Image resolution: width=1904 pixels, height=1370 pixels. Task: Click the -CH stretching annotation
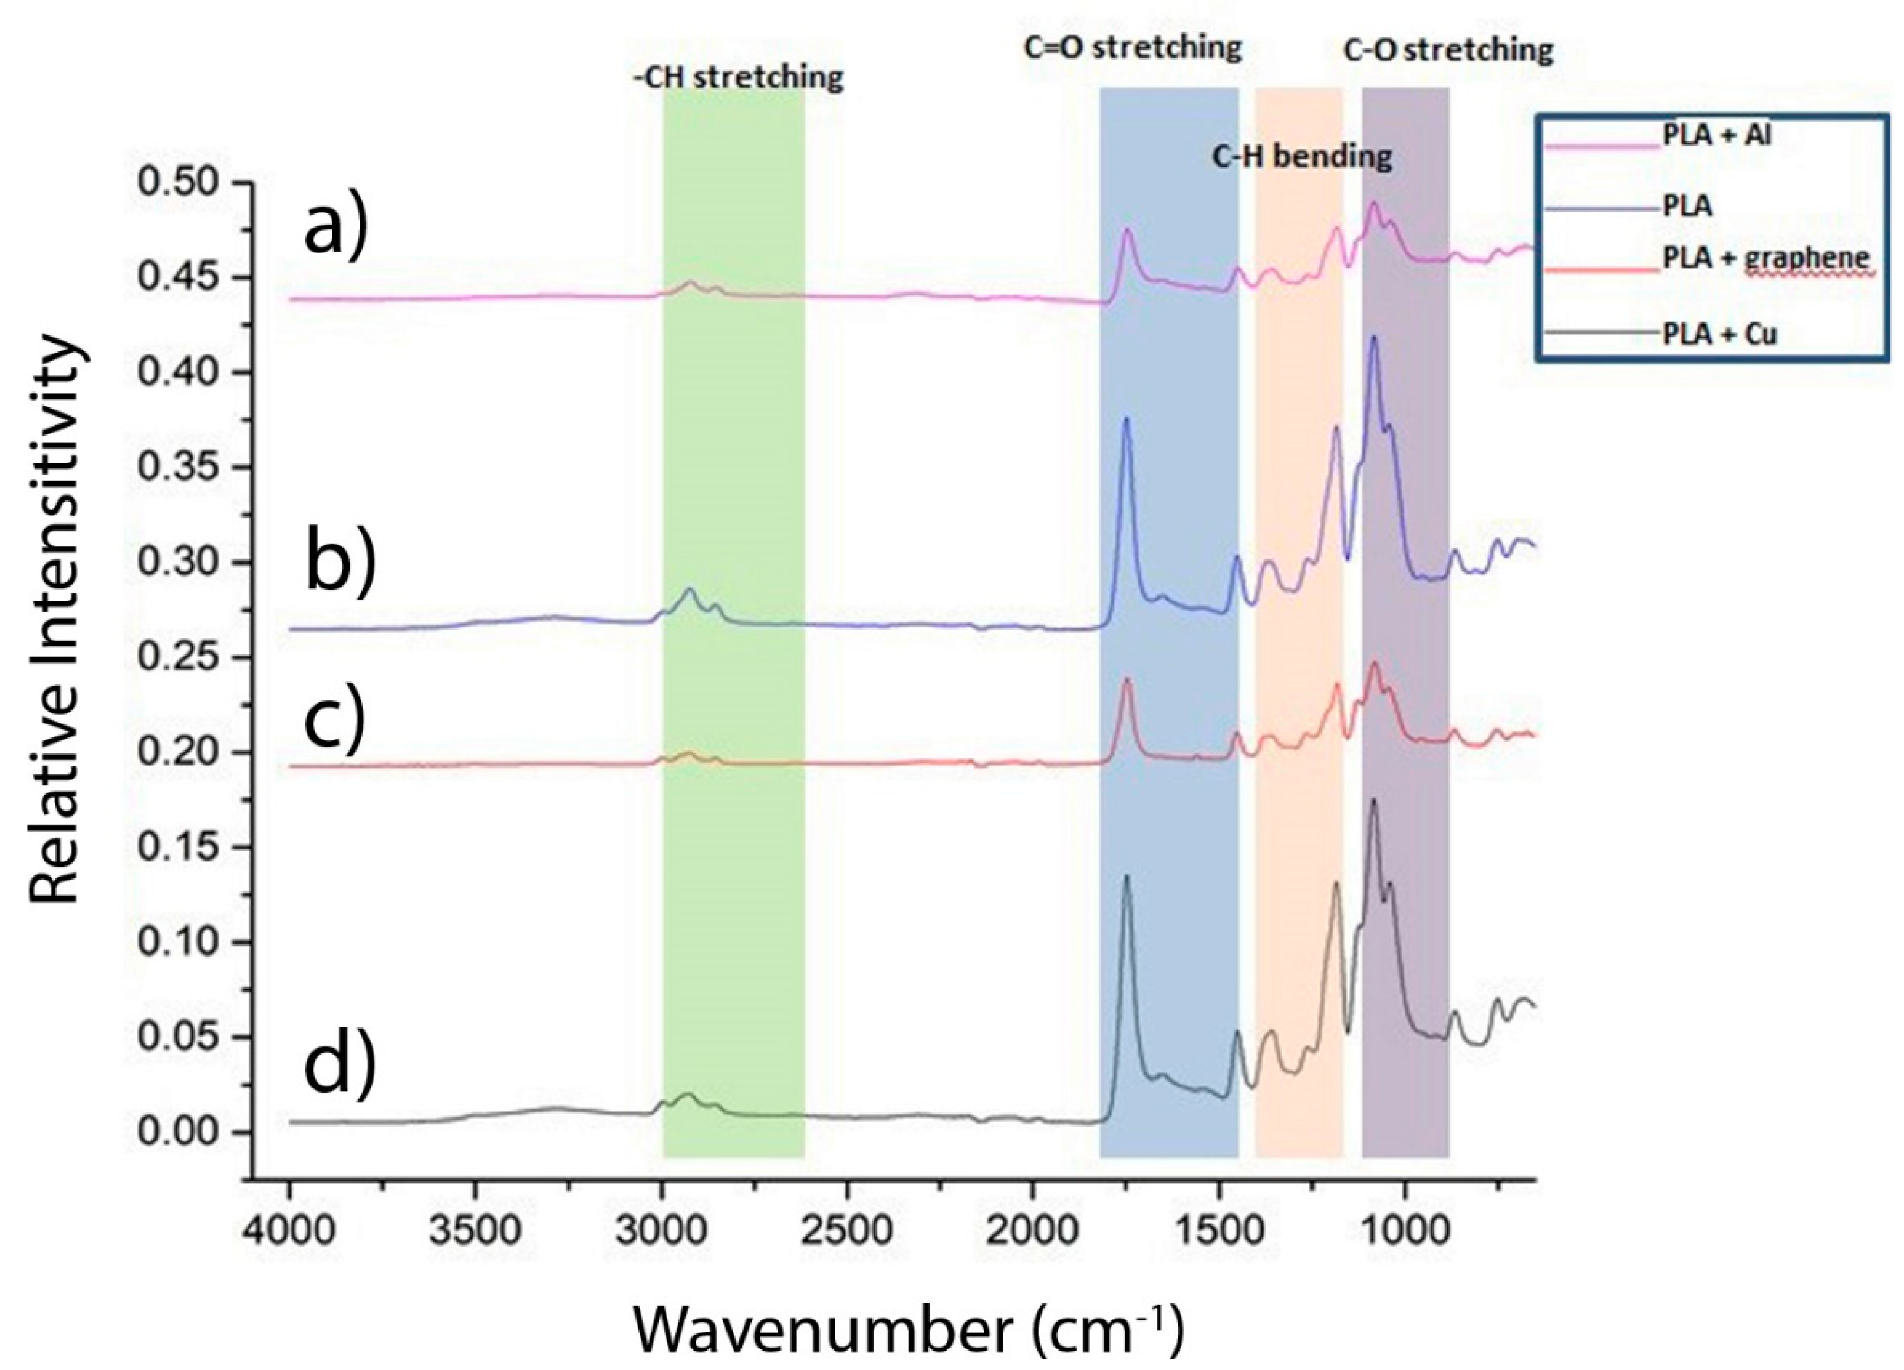coord(738,77)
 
